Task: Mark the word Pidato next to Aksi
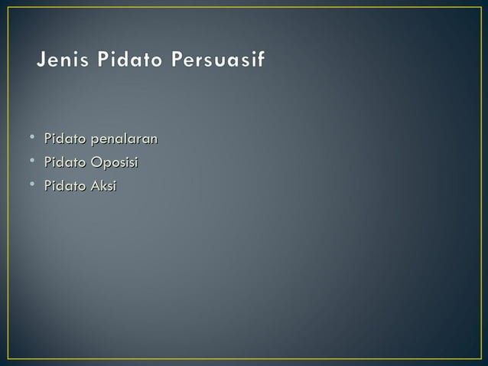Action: [x=66, y=185]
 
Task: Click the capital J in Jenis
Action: [x=41, y=60]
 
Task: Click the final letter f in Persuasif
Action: [x=262, y=60]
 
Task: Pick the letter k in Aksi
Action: [x=104, y=185]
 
